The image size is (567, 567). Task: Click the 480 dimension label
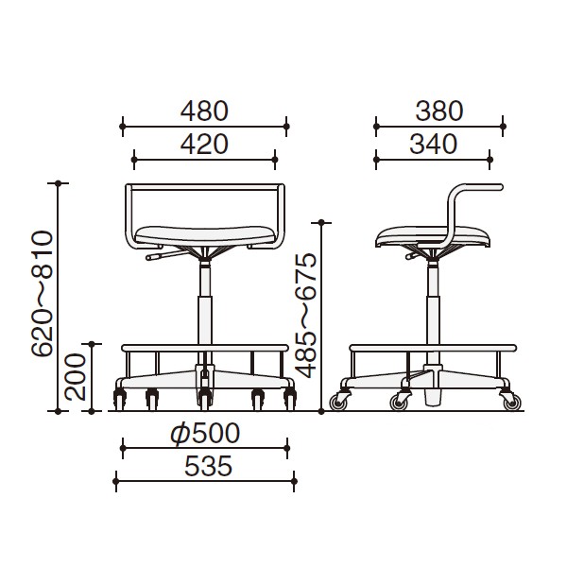pos(204,111)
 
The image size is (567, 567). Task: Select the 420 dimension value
pos(204,144)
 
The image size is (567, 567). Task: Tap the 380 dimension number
pos(439,111)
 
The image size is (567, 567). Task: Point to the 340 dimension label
pos(433,144)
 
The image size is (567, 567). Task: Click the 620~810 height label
pos(43,293)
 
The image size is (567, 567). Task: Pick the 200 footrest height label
pos(76,377)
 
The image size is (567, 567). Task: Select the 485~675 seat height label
pos(305,316)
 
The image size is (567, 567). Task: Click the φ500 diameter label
pos(205,433)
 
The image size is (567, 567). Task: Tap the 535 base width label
pos(208,466)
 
